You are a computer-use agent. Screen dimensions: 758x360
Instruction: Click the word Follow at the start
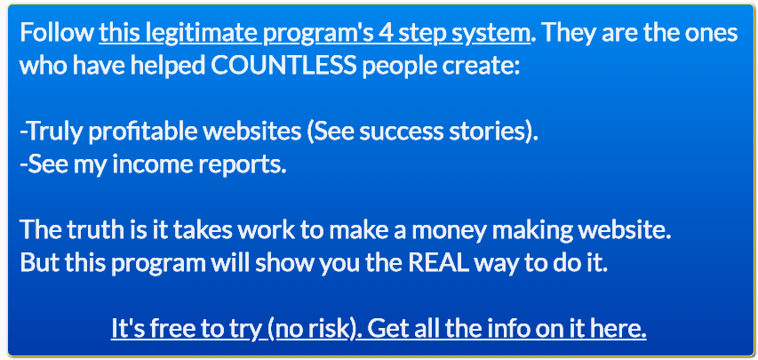point(57,33)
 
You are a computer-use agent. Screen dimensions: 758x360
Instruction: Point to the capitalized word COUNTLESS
point(283,67)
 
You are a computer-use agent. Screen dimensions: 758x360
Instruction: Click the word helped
point(168,67)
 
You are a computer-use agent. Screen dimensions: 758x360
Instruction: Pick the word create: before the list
point(484,67)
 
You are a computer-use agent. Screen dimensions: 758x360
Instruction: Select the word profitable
point(143,132)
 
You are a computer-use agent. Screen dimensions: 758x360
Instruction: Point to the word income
point(153,165)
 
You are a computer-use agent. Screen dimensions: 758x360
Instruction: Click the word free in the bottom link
point(172,329)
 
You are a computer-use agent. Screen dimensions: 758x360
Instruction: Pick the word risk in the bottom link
point(328,329)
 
